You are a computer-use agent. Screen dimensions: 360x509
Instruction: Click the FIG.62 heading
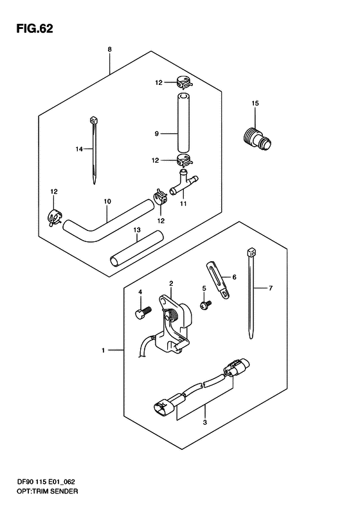pos(34,28)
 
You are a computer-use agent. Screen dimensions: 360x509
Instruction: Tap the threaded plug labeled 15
pos(257,140)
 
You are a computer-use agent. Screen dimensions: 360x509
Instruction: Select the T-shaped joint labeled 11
pos(183,183)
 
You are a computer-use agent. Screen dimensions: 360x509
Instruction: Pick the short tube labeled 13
pos(136,248)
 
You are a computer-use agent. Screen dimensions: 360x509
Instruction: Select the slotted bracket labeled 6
pos(218,279)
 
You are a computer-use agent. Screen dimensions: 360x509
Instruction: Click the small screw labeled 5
pos(206,305)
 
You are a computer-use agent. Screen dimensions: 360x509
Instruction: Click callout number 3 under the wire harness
pos(204,422)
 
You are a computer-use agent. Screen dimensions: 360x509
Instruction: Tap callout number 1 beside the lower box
pos(103,351)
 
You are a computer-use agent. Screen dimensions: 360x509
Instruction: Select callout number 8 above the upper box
pos(110,50)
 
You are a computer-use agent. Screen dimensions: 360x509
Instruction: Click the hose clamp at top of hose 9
pos(184,83)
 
